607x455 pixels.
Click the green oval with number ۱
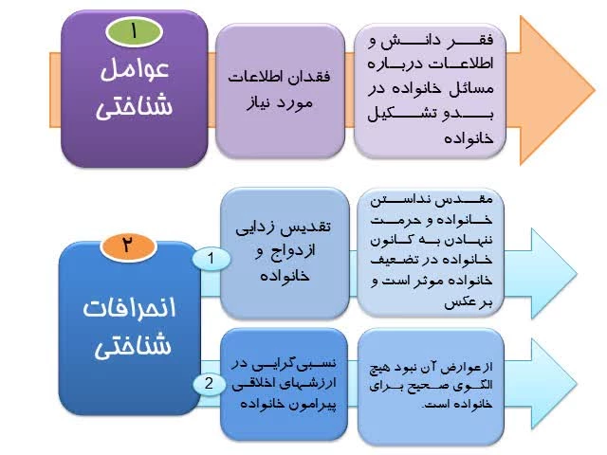click(134, 31)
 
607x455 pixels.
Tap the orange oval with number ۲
click(128, 246)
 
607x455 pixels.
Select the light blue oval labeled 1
click(212, 259)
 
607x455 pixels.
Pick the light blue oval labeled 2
click(210, 384)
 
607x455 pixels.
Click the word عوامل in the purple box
click(135, 69)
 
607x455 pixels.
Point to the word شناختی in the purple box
click(134, 106)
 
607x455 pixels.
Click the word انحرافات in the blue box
click(129, 308)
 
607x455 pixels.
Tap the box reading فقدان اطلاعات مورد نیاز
click(280, 91)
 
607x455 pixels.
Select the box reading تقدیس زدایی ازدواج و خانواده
click(285, 253)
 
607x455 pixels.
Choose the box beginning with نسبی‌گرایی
click(285, 384)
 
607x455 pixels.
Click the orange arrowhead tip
click(595, 90)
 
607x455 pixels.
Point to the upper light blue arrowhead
click(554, 273)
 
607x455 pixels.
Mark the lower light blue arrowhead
click(554, 384)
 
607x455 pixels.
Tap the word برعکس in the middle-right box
click(469, 302)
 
